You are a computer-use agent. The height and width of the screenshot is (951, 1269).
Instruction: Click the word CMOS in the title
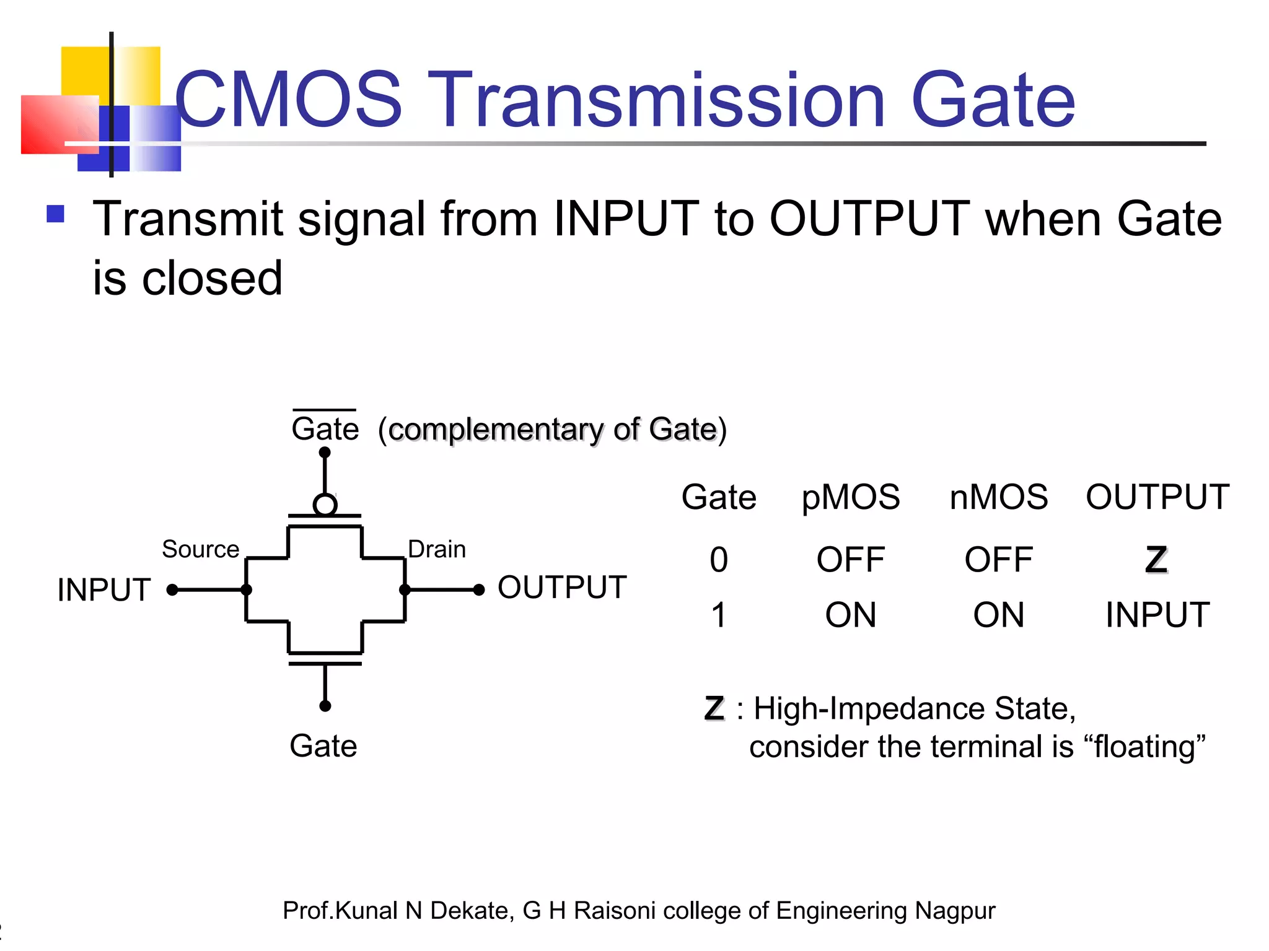(x=289, y=100)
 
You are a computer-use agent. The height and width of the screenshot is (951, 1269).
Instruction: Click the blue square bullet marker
(x=56, y=214)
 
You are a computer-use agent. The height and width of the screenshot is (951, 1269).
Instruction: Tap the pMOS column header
(x=850, y=497)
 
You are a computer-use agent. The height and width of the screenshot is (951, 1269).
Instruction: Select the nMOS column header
(x=998, y=497)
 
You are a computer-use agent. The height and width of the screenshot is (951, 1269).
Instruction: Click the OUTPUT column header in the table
(x=1157, y=497)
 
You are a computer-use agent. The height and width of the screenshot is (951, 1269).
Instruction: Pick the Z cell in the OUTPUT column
(x=1156, y=560)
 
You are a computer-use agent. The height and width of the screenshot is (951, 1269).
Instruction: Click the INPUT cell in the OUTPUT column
(x=1157, y=615)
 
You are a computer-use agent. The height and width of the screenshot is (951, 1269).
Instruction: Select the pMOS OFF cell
(x=850, y=560)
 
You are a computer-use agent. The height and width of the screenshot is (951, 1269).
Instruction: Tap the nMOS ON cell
(x=998, y=615)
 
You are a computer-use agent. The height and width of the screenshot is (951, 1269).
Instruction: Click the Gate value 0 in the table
(x=719, y=560)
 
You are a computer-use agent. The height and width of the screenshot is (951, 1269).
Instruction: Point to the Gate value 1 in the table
(x=719, y=615)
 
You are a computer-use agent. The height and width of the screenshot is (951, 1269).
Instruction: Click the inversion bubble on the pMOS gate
(x=325, y=505)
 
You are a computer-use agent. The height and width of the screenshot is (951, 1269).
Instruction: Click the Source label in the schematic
(x=200, y=549)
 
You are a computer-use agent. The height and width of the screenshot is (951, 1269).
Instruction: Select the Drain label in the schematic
(x=437, y=549)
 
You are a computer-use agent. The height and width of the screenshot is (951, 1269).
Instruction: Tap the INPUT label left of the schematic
(x=104, y=589)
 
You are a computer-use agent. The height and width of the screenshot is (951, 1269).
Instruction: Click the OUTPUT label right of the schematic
(x=562, y=587)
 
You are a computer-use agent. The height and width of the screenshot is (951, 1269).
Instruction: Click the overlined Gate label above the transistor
(x=325, y=428)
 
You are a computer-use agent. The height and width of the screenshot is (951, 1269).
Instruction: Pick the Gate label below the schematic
(x=323, y=745)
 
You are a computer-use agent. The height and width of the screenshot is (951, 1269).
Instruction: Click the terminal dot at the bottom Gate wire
(x=325, y=706)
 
